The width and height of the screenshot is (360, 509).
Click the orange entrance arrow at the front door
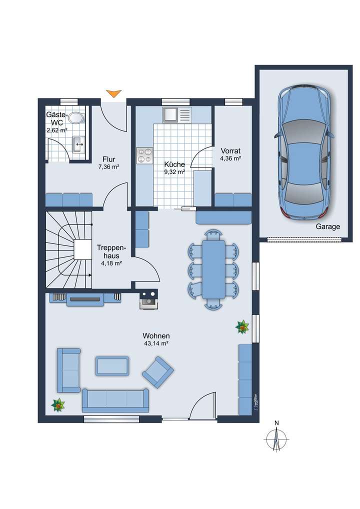pos(114,93)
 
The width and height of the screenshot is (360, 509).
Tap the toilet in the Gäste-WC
pos(76,118)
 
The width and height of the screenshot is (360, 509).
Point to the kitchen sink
pos(170,115)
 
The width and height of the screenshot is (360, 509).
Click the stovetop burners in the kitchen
pos(144,155)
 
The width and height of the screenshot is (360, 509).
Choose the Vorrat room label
pos(230,150)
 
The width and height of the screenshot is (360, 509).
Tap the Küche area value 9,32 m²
pos(174,171)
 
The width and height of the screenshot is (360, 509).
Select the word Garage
pos(327,226)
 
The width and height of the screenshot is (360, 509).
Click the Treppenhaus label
pos(111,251)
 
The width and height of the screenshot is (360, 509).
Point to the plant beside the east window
pos(242,327)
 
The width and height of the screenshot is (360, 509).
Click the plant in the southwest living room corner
pos(58,404)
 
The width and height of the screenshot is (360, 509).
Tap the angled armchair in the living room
pos(157,371)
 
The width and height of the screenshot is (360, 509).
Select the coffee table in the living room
pos(112,366)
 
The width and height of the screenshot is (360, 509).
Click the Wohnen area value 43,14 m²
pos(155,343)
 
